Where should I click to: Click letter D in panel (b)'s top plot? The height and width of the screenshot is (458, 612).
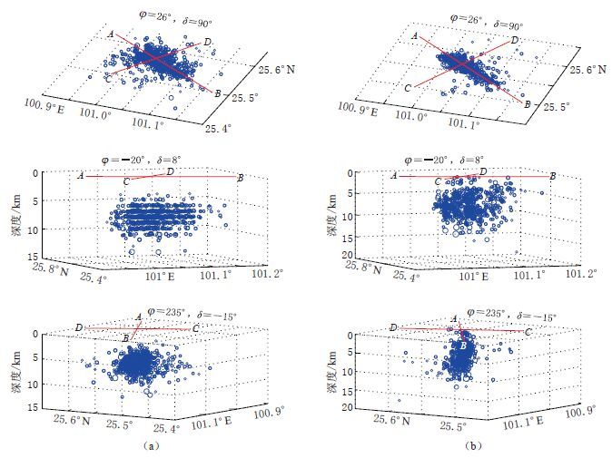click(x=515, y=41)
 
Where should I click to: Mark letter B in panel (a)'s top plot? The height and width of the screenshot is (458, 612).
click(x=219, y=93)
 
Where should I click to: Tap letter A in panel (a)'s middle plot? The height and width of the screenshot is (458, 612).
click(x=81, y=175)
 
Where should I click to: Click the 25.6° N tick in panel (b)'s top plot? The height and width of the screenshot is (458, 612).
click(x=587, y=68)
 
